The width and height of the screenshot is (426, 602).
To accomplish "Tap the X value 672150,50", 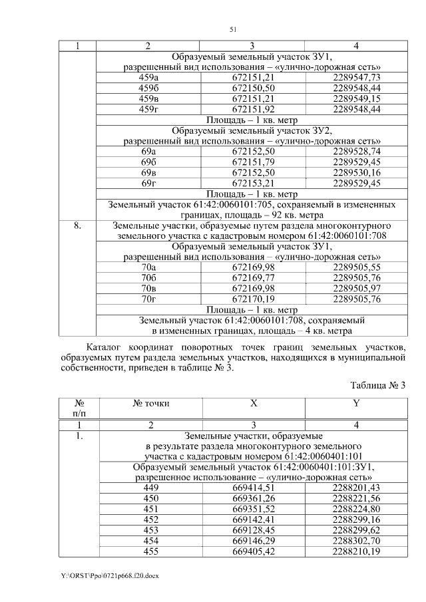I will (x=253, y=88).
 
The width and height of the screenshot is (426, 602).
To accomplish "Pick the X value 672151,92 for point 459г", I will (x=253, y=108).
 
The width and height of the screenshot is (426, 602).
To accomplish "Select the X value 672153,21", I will (x=253, y=183).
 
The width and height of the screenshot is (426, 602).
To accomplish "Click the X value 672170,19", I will (x=253, y=299).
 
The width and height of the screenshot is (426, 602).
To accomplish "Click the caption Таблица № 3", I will (x=377, y=386).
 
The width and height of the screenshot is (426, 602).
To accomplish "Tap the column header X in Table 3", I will (x=253, y=403).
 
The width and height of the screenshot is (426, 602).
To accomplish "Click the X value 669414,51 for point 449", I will (x=253, y=488).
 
